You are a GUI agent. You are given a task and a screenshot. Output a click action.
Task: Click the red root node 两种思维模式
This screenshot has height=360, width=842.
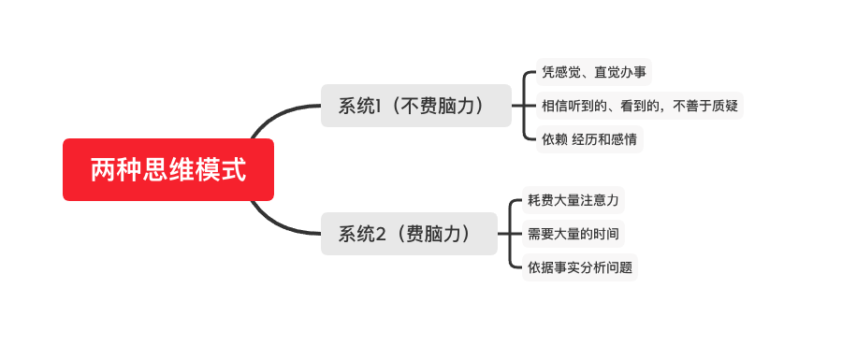[x=168, y=170]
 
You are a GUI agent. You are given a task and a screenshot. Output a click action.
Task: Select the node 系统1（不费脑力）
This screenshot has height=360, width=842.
[x=416, y=106]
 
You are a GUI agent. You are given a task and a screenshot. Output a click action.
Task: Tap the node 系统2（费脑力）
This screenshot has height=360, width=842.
[x=409, y=234]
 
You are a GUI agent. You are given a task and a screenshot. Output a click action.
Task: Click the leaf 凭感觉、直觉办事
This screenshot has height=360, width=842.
[x=593, y=71]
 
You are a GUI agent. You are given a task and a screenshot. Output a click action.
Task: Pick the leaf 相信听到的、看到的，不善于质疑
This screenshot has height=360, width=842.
[x=640, y=106]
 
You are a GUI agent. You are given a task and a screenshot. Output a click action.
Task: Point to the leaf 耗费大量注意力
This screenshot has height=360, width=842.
[x=573, y=200]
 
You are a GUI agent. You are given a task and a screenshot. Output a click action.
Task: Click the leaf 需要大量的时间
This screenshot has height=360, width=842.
[x=573, y=234]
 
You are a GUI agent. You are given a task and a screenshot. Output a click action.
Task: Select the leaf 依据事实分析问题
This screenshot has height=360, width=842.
[x=580, y=267]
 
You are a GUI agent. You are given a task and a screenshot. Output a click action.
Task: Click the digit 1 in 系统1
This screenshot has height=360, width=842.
[x=381, y=106]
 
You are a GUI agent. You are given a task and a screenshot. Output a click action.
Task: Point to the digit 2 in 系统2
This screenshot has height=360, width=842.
[x=381, y=234]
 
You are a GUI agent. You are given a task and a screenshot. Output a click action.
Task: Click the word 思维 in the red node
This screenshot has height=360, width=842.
[x=168, y=170]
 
